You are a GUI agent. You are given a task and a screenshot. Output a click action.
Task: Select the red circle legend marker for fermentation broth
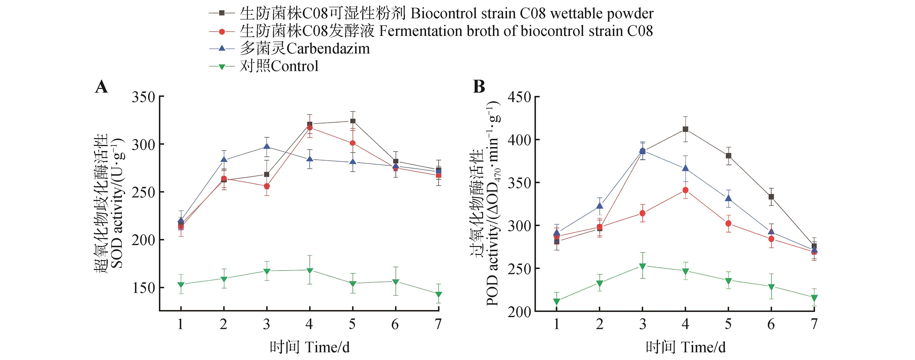click(x=222, y=31)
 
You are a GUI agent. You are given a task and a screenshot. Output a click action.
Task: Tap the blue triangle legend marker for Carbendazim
click(x=222, y=48)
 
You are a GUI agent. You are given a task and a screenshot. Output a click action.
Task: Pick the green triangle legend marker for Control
click(x=222, y=66)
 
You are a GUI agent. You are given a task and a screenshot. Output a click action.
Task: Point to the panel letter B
click(x=479, y=87)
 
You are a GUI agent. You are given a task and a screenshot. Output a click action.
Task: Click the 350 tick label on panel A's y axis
click(x=143, y=97)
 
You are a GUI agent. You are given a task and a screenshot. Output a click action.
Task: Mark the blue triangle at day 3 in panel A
click(x=267, y=147)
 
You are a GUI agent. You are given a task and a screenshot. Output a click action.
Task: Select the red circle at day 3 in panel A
click(x=267, y=186)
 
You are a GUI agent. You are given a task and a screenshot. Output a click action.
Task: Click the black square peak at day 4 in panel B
click(x=685, y=129)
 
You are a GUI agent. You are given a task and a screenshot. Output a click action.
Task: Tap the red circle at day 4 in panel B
click(x=685, y=190)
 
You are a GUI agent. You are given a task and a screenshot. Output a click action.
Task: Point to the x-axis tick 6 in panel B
click(x=771, y=324)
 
